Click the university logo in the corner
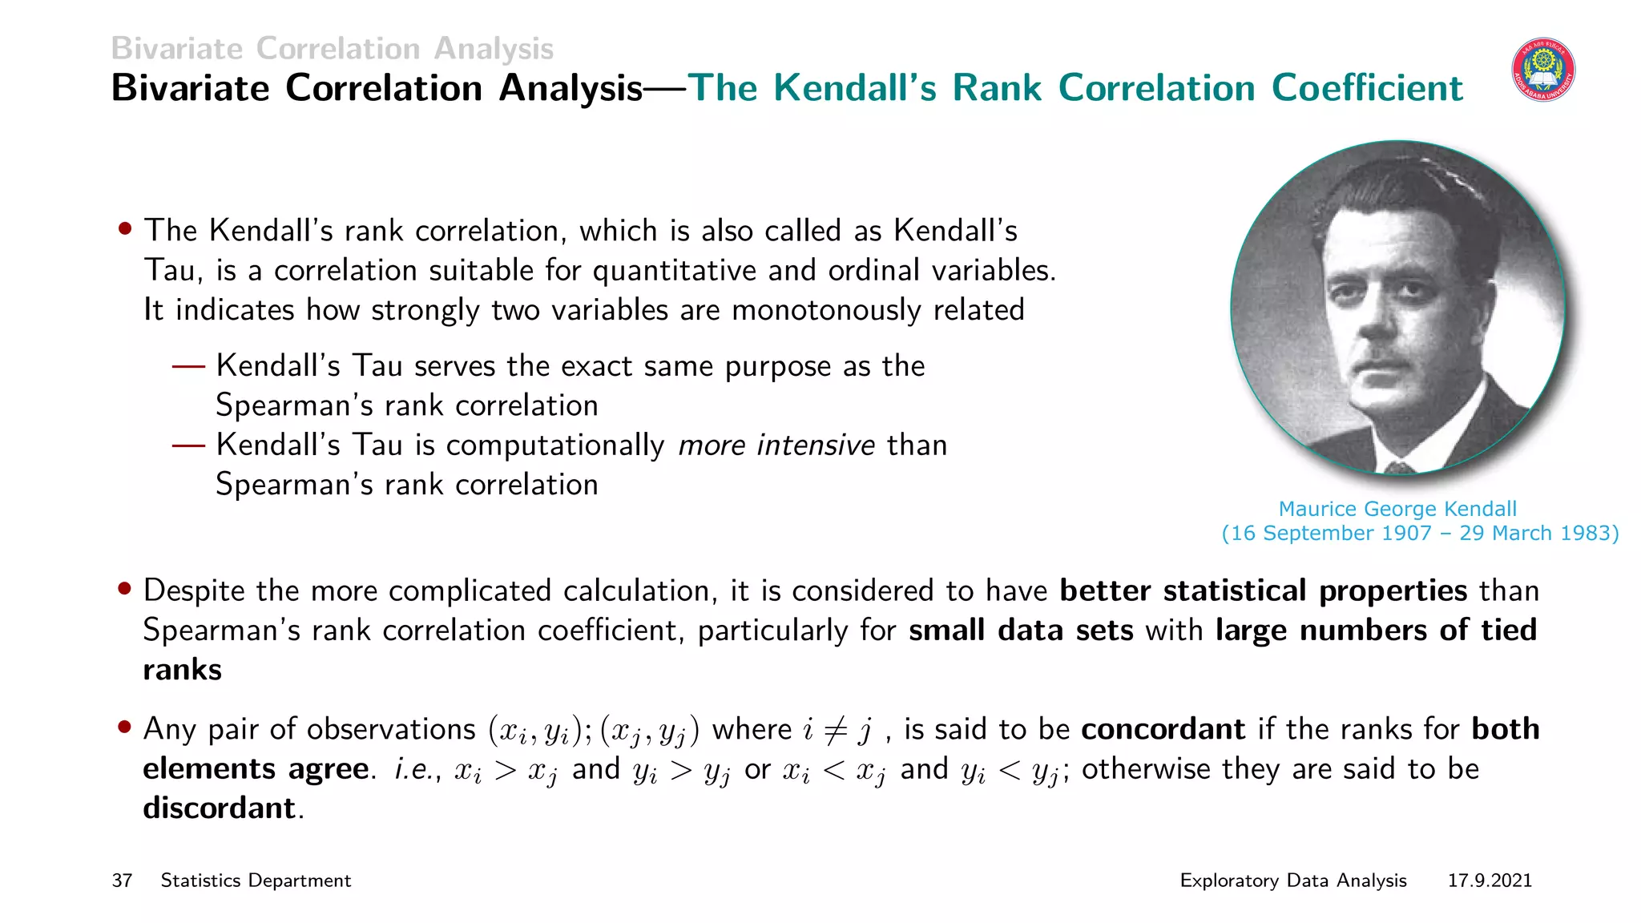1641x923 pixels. coord(1543,70)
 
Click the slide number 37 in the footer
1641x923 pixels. coord(122,881)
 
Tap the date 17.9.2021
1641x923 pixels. coord(1490,881)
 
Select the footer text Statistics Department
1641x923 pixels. coord(256,881)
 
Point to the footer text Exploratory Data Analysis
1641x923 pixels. coord(1292,881)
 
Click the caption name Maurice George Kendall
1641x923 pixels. coord(1397,509)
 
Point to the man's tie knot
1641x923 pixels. coord(1399,466)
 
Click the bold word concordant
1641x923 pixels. coord(1163,729)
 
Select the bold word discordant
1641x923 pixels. coord(219,808)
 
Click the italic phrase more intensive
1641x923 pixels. coord(776,445)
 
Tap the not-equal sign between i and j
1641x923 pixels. coord(836,730)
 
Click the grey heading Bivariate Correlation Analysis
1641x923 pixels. coord(332,49)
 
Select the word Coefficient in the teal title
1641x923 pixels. coord(1367,88)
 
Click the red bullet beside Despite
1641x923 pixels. coord(124,589)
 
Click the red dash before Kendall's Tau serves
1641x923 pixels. coord(189,366)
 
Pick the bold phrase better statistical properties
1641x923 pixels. coord(1263,590)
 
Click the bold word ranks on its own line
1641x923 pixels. coord(182,670)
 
